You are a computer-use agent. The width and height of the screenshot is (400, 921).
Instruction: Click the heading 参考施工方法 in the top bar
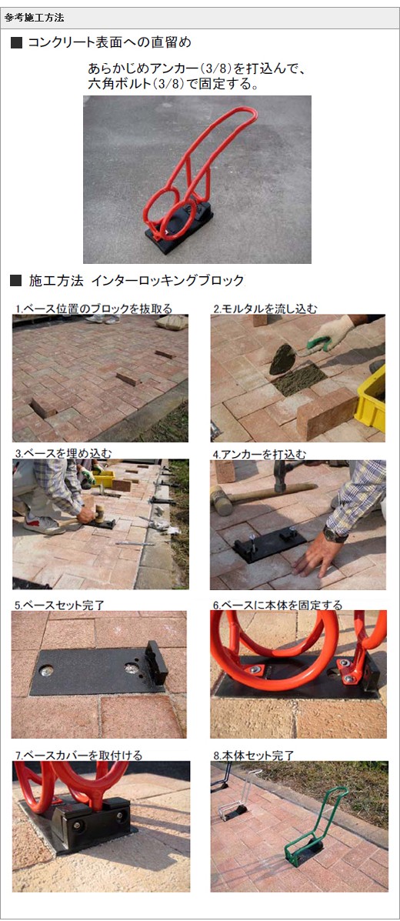click(x=35, y=18)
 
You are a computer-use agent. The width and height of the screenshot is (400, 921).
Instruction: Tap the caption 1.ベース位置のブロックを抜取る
click(x=94, y=309)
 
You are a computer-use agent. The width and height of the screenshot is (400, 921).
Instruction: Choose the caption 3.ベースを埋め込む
click(x=63, y=453)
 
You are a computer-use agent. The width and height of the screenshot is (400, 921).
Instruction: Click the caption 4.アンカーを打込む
click(x=260, y=454)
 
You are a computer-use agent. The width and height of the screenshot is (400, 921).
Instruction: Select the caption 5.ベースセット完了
click(x=60, y=605)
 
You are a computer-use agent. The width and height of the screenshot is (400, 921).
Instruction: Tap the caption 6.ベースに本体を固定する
click(x=277, y=605)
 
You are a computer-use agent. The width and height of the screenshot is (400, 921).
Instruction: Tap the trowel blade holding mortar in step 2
click(x=282, y=359)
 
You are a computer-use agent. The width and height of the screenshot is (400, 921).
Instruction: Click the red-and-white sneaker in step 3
click(x=44, y=524)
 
